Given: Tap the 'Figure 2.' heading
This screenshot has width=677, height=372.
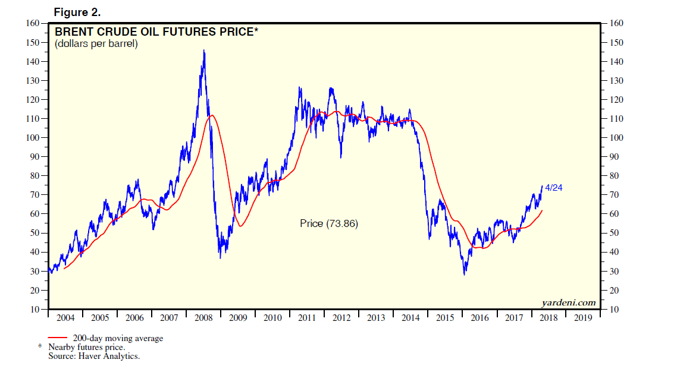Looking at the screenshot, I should coord(77,12).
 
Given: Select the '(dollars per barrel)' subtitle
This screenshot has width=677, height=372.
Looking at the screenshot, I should coord(96,43).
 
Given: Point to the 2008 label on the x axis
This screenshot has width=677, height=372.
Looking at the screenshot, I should coord(203,318).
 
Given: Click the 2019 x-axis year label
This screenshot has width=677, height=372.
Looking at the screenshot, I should coord(582,318).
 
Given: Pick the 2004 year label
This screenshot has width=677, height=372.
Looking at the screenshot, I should coord(65,318).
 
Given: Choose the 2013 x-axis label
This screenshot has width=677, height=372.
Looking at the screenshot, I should coord(376,318).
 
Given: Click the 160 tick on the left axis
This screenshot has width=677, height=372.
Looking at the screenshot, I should coord(34,24).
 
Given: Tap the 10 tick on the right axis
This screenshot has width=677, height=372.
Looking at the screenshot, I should coord(613,310).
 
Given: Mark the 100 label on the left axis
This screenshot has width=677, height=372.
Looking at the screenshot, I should coord(34,138).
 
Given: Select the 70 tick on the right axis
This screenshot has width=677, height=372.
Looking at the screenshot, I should coord(613,195).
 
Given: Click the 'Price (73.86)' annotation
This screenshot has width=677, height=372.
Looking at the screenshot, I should coord(329,223).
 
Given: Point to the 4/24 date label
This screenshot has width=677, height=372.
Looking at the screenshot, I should coord(553,188).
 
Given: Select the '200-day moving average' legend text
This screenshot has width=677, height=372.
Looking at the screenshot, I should coord(118,339).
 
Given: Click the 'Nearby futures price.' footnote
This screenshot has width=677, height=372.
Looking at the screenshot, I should coord(87,347).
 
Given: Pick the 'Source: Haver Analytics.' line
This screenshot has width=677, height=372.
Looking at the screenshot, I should coord(94,355).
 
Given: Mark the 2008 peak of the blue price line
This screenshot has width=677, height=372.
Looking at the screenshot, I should coord(204,51).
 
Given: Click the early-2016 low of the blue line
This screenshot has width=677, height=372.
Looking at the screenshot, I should coord(465,274).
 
